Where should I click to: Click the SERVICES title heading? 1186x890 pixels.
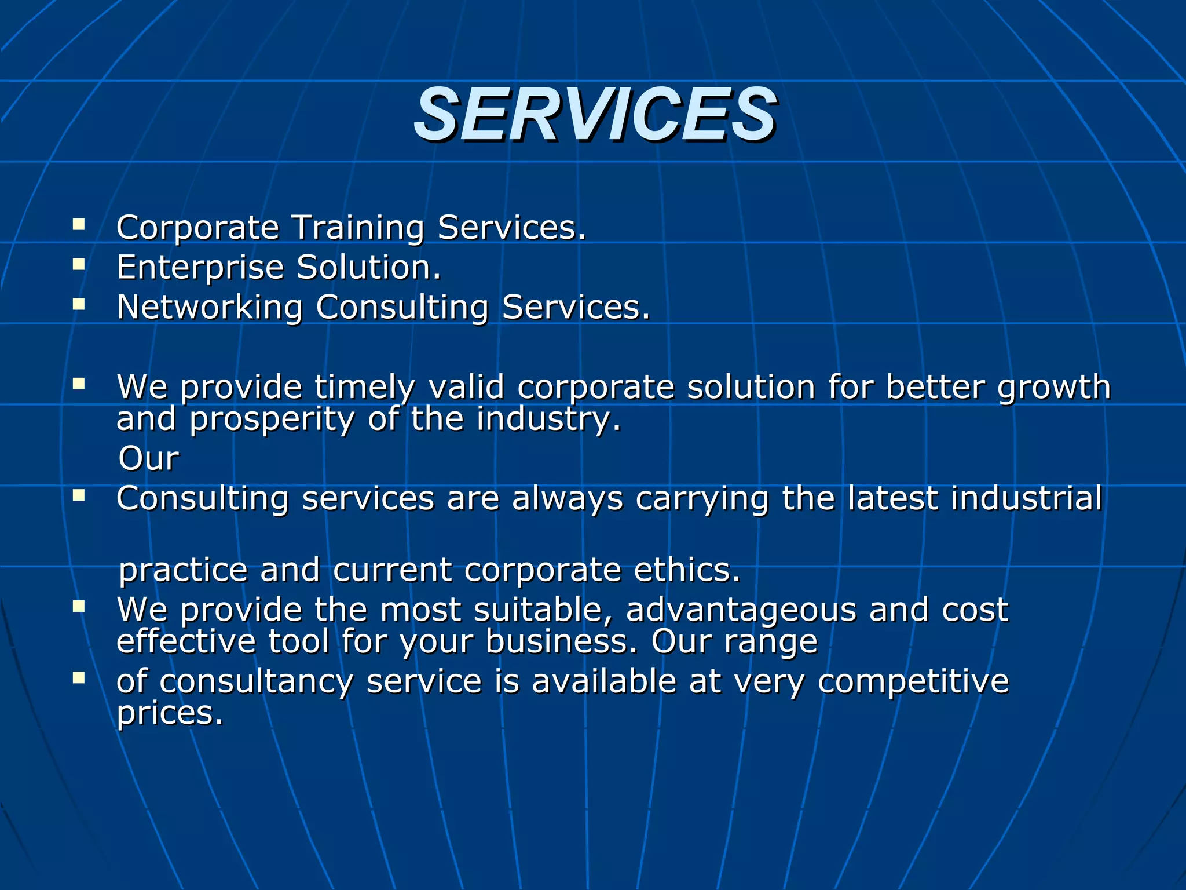[x=595, y=115]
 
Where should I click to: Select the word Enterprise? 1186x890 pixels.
[x=200, y=268]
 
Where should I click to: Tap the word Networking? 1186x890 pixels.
[x=209, y=307]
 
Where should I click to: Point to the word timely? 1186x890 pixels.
[x=365, y=387]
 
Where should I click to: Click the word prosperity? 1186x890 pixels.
[x=272, y=420]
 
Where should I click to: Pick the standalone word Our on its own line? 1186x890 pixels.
[x=149, y=459]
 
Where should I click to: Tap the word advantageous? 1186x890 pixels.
[x=741, y=610]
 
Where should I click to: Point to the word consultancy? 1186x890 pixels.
[x=256, y=681]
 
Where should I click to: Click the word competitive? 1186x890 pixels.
[x=913, y=681]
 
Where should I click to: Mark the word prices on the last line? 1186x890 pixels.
[x=170, y=713]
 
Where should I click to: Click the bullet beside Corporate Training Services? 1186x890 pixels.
[x=79, y=224]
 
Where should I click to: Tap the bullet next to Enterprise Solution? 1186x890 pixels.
[x=79, y=264]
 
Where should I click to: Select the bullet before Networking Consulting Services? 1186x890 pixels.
[x=79, y=304]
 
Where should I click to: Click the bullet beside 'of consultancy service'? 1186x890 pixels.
[x=79, y=677]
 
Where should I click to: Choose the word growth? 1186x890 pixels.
[x=1054, y=387]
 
